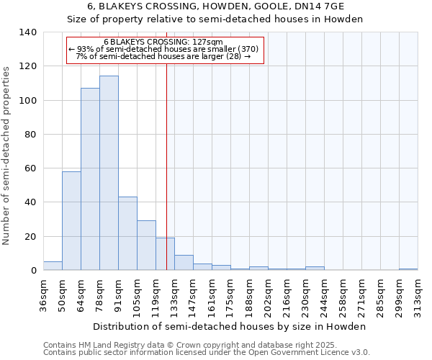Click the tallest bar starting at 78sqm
pyautogui.click(x=109, y=173)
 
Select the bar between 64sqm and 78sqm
pyautogui.click(x=90, y=179)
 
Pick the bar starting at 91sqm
pyautogui.click(x=127, y=233)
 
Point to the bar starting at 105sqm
pyautogui.click(x=146, y=246)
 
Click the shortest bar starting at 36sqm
pyautogui.click(x=53, y=266)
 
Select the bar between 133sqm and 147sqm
pyautogui.click(x=184, y=263)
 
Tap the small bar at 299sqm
pyautogui.click(x=408, y=269)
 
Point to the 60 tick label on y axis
pyautogui.click(x=30, y=168)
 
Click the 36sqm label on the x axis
pyautogui.click(x=43, y=295)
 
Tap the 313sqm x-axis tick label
pyautogui.click(x=418, y=295)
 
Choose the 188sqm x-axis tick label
pyautogui.click(x=249, y=295)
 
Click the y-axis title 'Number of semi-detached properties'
pyautogui.click(x=7, y=155)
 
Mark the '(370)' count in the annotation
pyautogui.click(x=246, y=50)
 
